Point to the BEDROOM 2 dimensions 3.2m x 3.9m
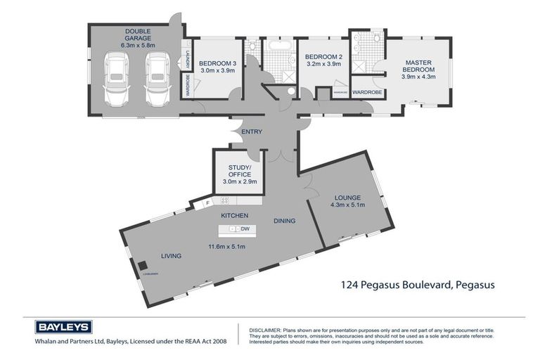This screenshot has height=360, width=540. pyautogui.click(x=323, y=64)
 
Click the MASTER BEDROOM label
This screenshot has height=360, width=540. pyautogui.click(x=418, y=65)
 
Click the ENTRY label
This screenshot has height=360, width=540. pyautogui.click(x=251, y=131)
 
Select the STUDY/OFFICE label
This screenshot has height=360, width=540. pyautogui.click(x=240, y=171)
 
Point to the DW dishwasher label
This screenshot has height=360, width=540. pyautogui.click(x=245, y=230)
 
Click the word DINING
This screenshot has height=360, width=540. pyautogui.click(x=284, y=220)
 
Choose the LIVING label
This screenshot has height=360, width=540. pyautogui.click(x=171, y=256)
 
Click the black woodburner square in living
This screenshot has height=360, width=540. pyautogui.click(x=141, y=266)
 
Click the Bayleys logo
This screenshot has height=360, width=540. pyautogui.click(x=63, y=327)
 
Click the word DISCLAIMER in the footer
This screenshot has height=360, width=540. pyautogui.click(x=261, y=329)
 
